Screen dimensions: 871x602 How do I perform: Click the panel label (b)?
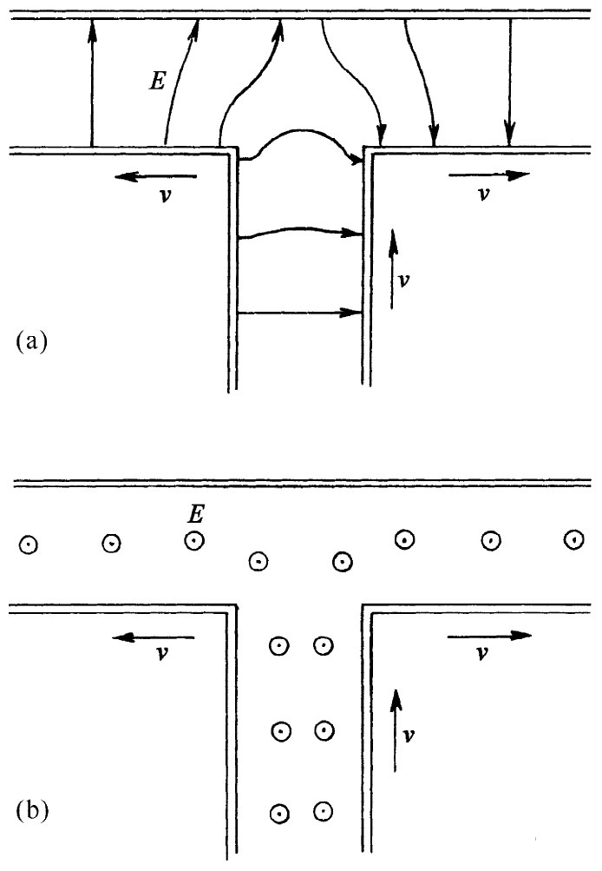tap(31, 813)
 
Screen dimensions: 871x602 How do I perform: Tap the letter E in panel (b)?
tap(196, 516)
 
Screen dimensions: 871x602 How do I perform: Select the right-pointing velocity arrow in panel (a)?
tap(488, 175)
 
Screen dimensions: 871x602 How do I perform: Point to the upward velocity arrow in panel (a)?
tap(392, 268)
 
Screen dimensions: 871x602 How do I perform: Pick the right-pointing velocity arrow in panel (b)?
tap(488, 635)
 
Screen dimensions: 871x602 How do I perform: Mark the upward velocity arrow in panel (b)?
tap(396, 729)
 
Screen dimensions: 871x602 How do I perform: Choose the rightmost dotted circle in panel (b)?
tap(573, 539)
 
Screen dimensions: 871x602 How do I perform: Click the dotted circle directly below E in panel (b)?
tap(194, 540)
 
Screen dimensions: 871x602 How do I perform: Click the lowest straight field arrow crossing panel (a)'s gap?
tap(299, 312)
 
